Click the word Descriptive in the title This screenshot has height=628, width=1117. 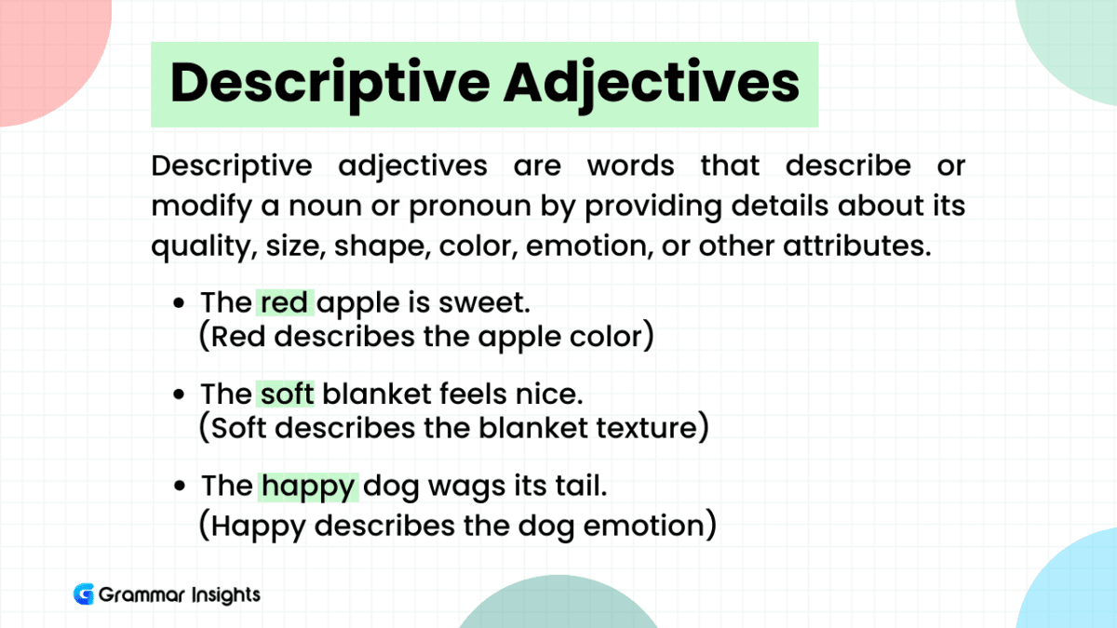[x=330, y=84]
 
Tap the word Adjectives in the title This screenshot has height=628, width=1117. [x=651, y=84]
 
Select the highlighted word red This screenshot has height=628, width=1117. [x=286, y=303]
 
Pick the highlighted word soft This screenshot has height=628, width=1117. [x=286, y=394]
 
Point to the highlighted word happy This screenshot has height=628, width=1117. [x=308, y=486]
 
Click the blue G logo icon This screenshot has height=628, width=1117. [x=84, y=595]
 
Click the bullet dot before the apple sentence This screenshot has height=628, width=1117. [x=181, y=304]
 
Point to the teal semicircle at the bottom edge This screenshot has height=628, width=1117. [x=558, y=609]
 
